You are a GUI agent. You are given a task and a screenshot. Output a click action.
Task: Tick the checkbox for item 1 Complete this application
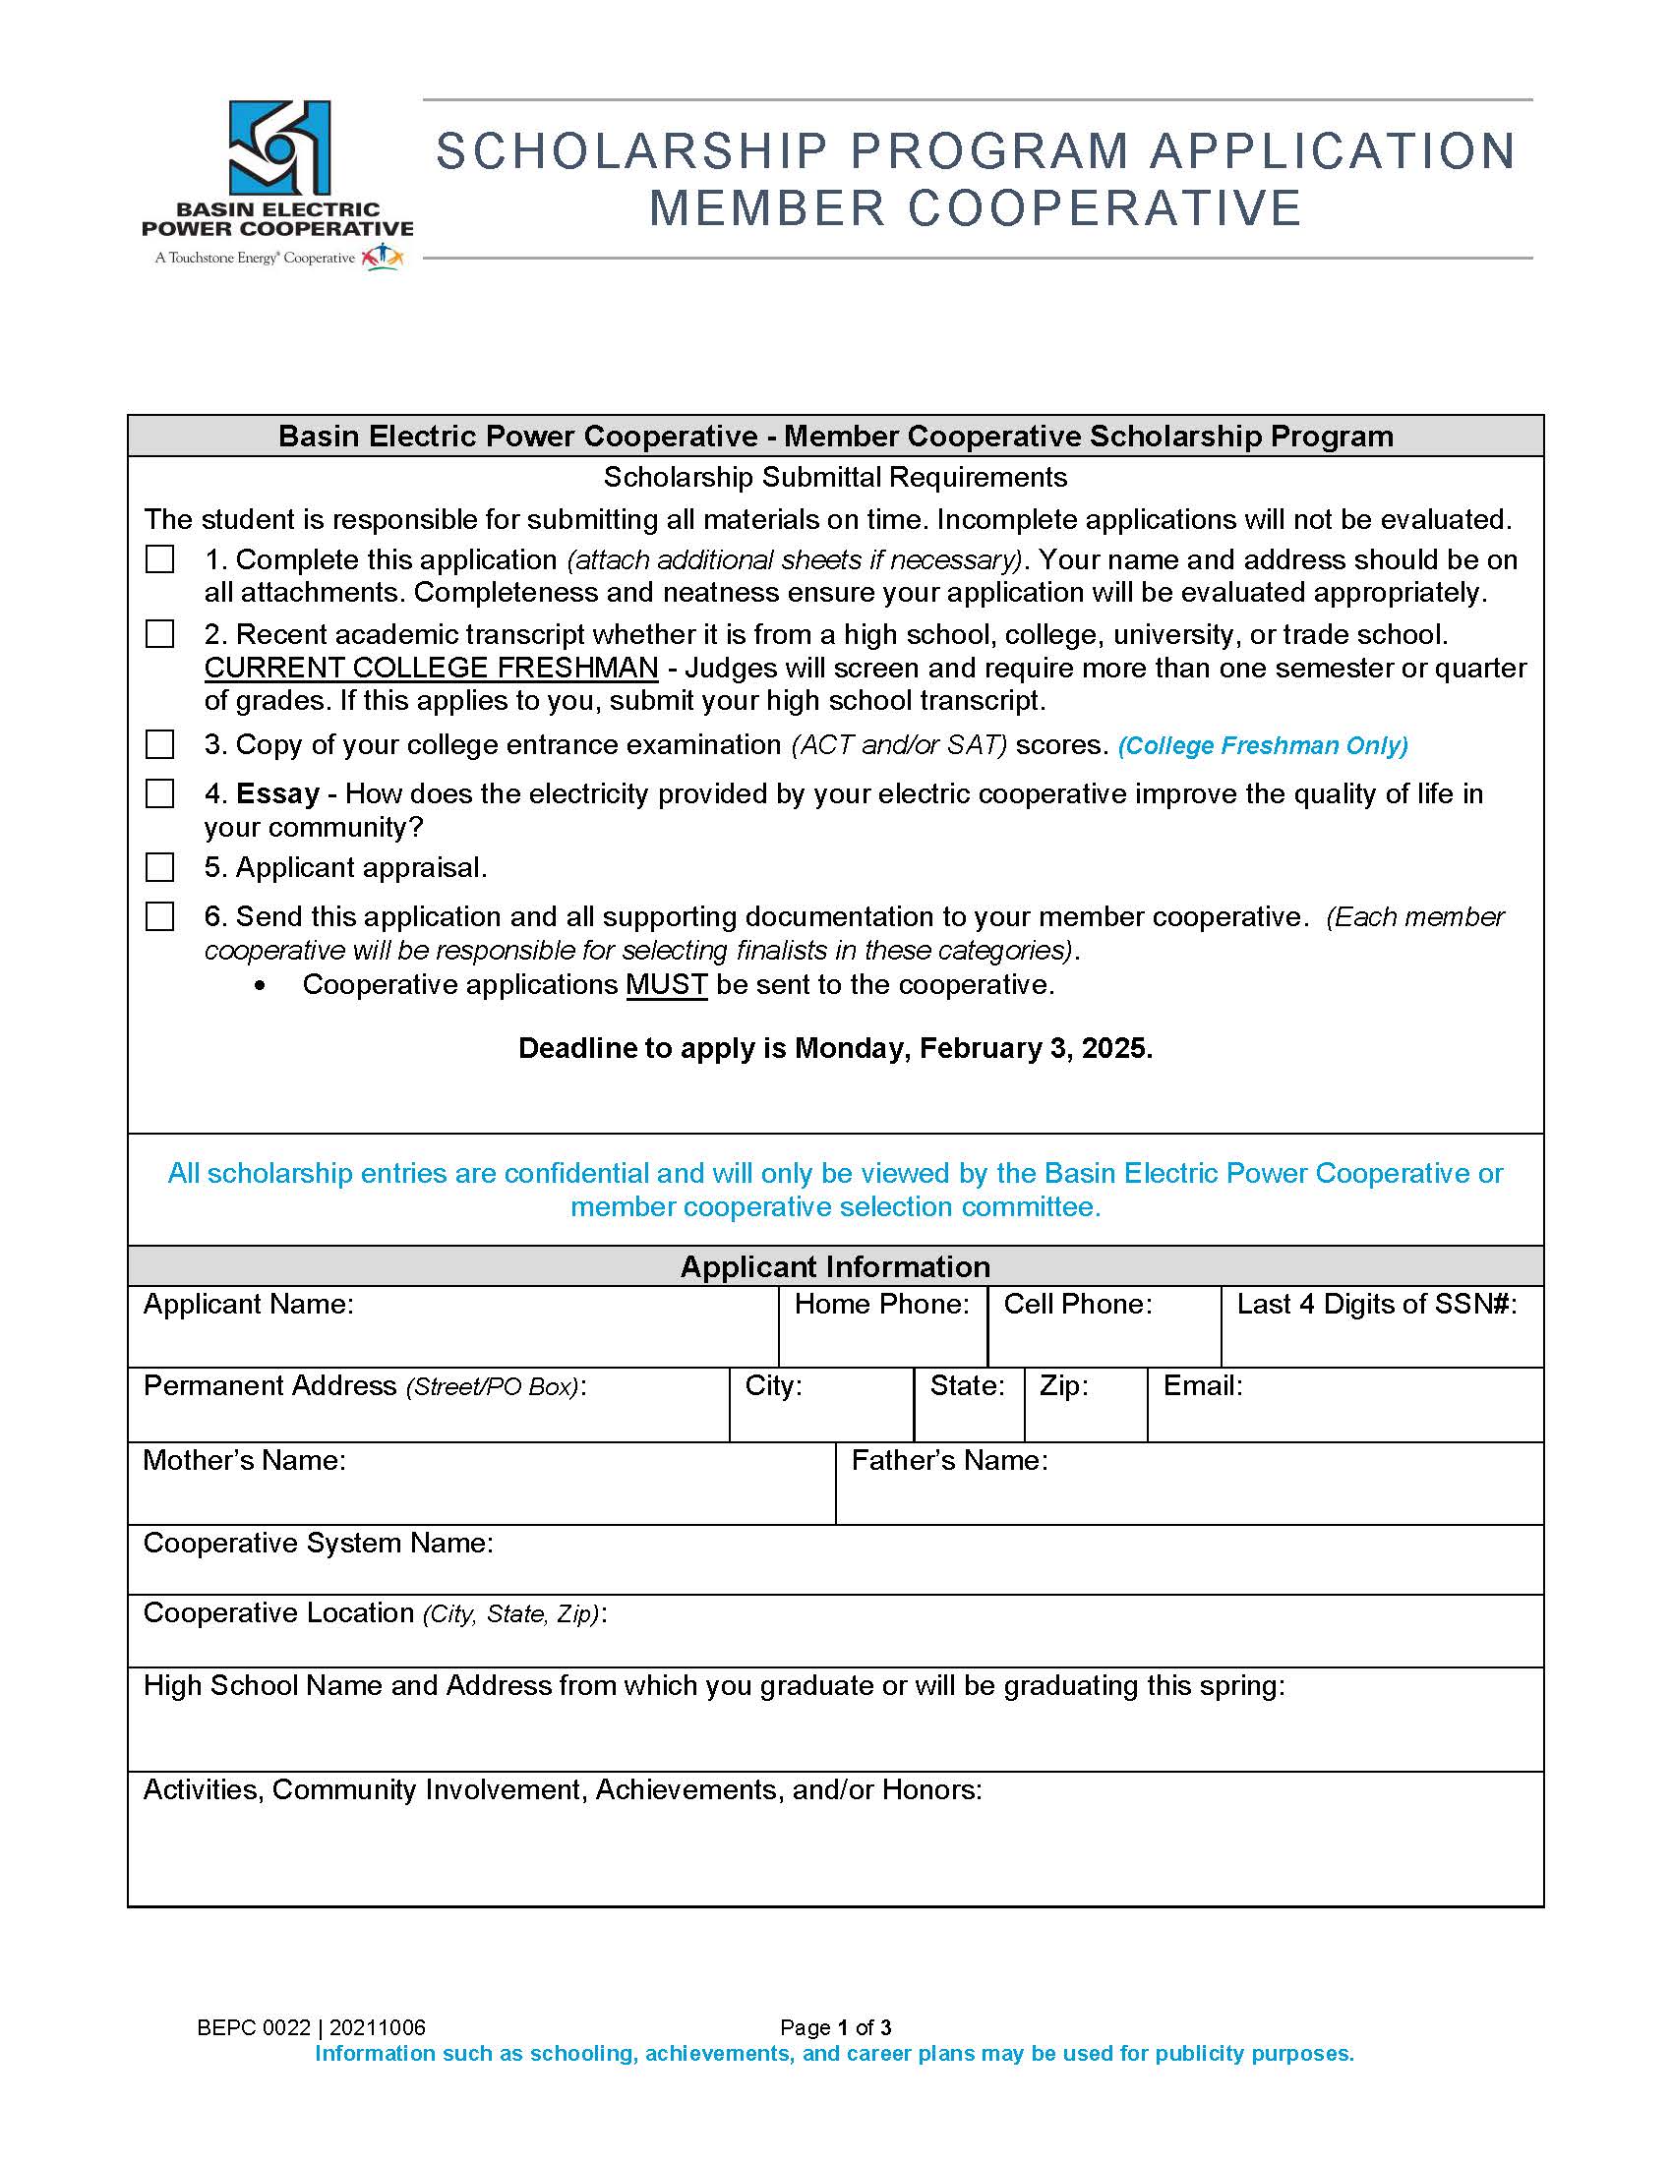click(x=159, y=559)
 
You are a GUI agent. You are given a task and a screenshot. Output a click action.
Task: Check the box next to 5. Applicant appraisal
click(x=159, y=867)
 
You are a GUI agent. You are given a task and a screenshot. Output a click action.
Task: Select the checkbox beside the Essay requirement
click(x=159, y=794)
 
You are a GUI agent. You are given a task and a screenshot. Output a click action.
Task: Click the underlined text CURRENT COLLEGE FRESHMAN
click(x=431, y=669)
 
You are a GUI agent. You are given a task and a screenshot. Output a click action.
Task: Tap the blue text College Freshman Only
click(x=1263, y=746)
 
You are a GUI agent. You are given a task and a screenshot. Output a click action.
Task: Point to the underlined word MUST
click(x=667, y=985)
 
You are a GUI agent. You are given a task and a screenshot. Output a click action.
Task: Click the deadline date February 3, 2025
click(x=1035, y=1049)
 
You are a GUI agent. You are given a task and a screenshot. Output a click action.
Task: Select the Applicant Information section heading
click(x=835, y=1266)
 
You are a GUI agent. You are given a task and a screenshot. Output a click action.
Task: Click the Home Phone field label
click(x=881, y=1305)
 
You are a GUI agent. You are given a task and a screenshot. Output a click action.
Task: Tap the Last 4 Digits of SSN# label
click(x=1376, y=1305)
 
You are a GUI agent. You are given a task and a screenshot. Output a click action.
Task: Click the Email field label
click(x=1203, y=1386)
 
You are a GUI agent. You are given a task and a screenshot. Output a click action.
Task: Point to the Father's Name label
click(x=949, y=1461)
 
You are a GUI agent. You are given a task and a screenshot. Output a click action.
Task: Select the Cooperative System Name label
click(x=318, y=1543)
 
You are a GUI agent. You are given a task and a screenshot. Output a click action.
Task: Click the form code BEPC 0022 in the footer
click(x=254, y=2027)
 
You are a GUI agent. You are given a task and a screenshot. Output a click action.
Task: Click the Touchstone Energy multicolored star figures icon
click(x=384, y=258)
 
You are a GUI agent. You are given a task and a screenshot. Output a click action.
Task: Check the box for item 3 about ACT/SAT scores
click(x=159, y=745)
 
